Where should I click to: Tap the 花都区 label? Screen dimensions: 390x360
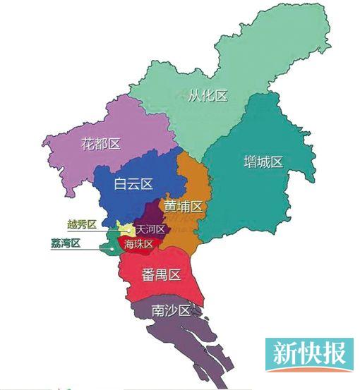pyautogui.click(x=100, y=144)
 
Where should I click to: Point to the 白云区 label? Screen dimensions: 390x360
pyautogui.click(x=133, y=184)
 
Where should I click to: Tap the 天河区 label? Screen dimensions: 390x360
pyautogui.click(x=150, y=230)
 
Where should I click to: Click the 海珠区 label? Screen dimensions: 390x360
pyautogui.click(x=138, y=244)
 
